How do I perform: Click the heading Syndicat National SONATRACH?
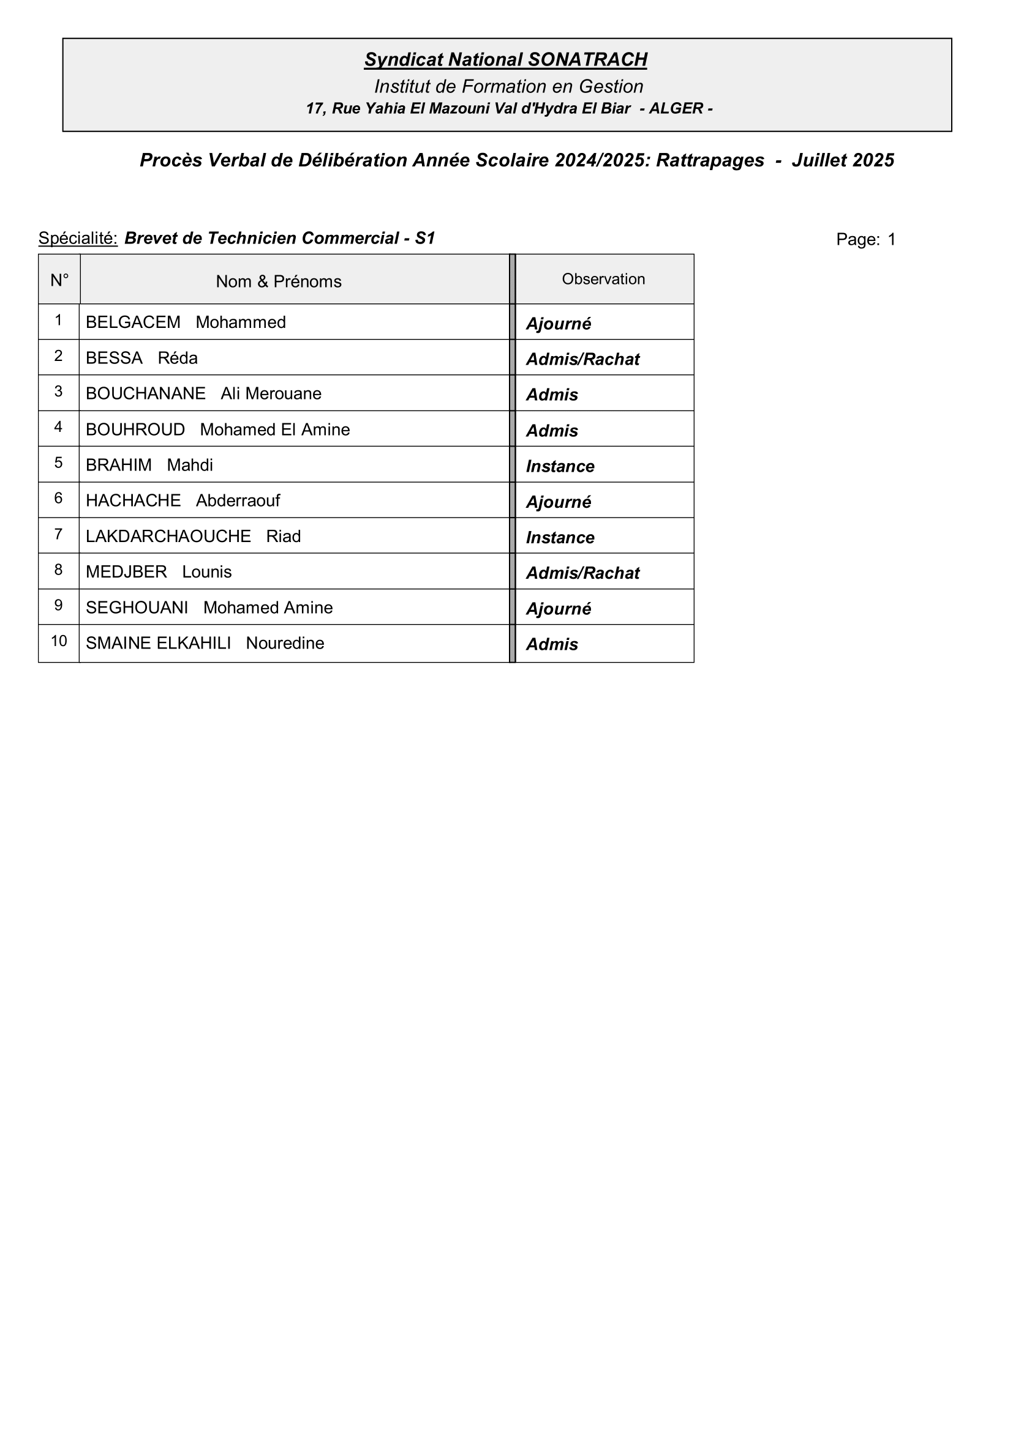pyautogui.click(x=506, y=60)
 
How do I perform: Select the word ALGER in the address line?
pyautogui.click(x=676, y=108)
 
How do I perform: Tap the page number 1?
pyautogui.click(x=891, y=239)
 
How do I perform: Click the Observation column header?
pyautogui.click(x=603, y=279)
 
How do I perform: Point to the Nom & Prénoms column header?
pyautogui.click(x=278, y=281)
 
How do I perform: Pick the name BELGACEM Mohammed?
pyautogui.click(x=186, y=322)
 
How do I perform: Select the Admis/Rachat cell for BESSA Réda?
pyautogui.click(x=582, y=360)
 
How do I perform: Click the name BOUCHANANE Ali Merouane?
pyautogui.click(x=203, y=394)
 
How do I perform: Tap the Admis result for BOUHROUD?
pyautogui.click(x=552, y=431)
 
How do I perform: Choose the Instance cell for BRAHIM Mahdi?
pyautogui.click(x=560, y=467)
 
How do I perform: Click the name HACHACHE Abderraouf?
pyautogui.click(x=183, y=500)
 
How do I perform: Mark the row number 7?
pyautogui.click(x=59, y=534)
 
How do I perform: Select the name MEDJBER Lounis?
pyautogui.click(x=159, y=572)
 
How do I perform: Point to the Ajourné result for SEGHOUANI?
pyautogui.click(x=559, y=609)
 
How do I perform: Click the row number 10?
pyautogui.click(x=59, y=641)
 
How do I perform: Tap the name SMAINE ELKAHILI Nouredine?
pyautogui.click(x=205, y=643)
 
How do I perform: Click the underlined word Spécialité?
pyautogui.click(x=78, y=238)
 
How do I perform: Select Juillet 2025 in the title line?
pyautogui.click(x=843, y=161)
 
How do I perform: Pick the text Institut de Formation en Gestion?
pyautogui.click(x=508, y=87)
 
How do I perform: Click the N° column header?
pyautogui.click(x=59, y=280)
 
